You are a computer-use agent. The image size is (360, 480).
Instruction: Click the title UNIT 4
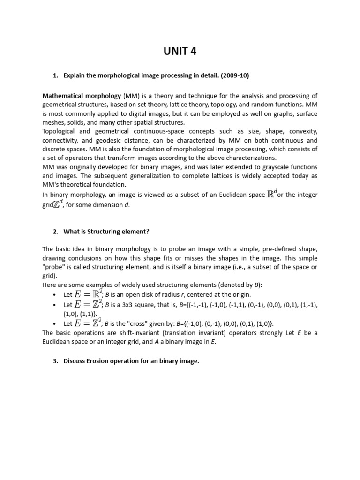point(180,52)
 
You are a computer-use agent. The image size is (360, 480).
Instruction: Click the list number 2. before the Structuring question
point(56,232)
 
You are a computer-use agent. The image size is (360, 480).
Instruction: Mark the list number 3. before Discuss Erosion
point(56,361)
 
